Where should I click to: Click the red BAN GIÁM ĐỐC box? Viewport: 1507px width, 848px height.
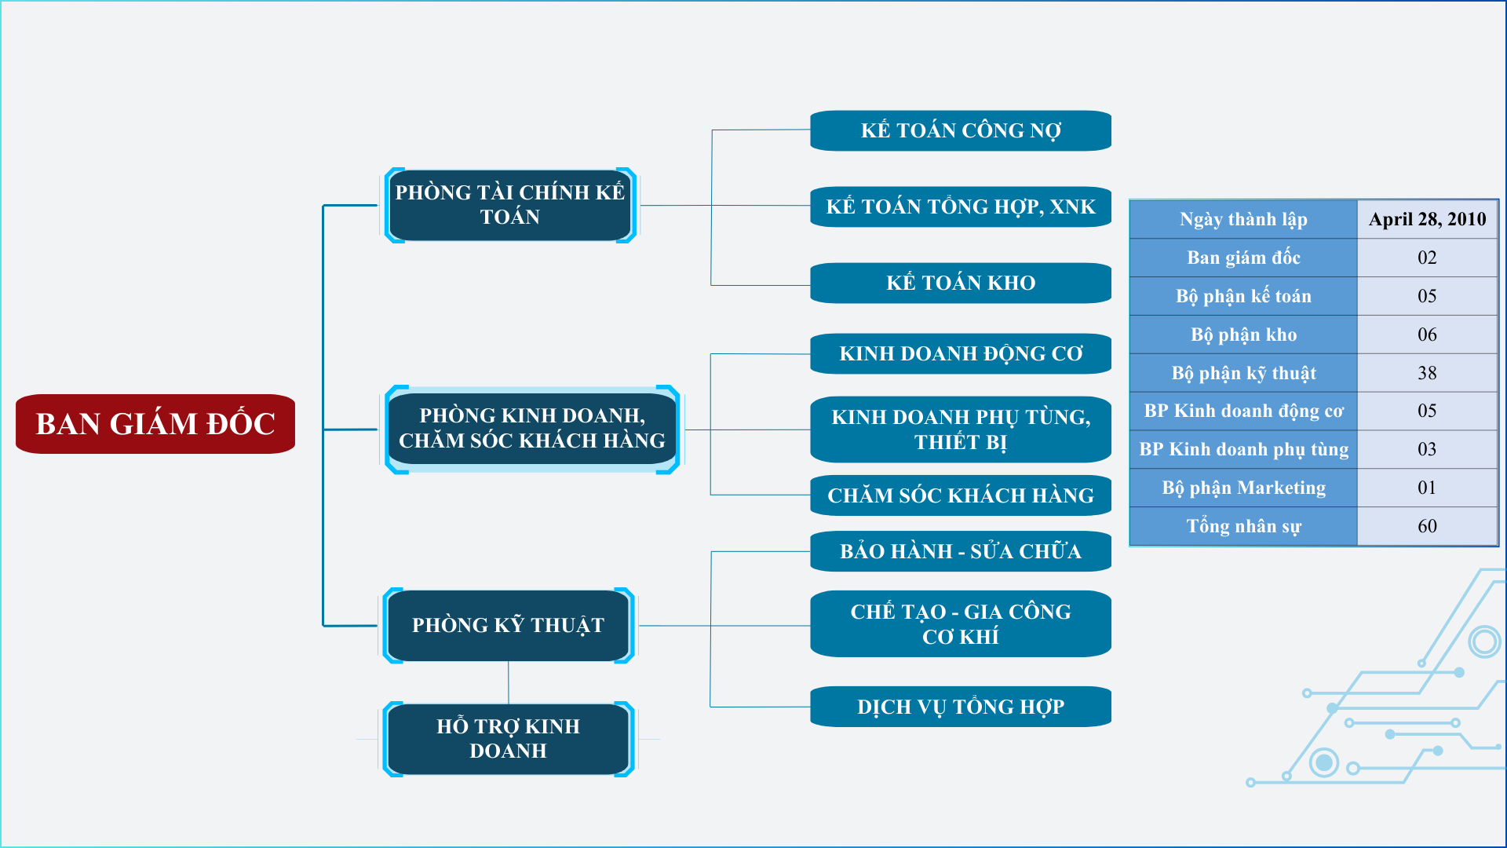(155, 424)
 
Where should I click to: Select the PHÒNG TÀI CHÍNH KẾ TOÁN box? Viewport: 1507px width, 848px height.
(510, 205)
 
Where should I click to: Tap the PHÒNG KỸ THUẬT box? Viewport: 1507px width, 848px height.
(509, 625)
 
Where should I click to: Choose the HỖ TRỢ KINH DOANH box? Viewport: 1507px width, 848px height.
(509, 739)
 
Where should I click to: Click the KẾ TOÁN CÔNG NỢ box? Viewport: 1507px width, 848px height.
(961, 130)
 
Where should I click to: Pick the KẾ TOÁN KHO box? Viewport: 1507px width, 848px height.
(961, 283)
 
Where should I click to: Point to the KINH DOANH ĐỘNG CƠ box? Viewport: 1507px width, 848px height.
(961, 353)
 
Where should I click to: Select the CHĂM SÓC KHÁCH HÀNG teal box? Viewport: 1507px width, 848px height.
(961, 495)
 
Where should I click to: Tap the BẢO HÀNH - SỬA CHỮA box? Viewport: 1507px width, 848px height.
(961, 551)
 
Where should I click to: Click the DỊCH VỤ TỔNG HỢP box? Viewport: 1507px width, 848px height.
(961, 707)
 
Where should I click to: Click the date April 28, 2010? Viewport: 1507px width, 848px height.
(1427, 219)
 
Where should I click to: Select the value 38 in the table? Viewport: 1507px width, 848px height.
(1427, 373)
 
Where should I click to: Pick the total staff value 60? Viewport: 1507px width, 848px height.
(1427, 526)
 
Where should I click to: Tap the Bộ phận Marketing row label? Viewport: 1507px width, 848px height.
(1243, 488)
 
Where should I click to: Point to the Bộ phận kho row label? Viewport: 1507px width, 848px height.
(1243, 334)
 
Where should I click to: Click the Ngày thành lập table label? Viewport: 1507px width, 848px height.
(1243, 219)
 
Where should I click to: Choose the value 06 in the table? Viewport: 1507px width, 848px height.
(1427, 334)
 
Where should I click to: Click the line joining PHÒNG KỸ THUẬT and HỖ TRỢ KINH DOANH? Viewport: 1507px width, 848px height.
(509, 682)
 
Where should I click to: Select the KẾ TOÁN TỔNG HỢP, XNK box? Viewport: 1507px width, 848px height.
(961, 207)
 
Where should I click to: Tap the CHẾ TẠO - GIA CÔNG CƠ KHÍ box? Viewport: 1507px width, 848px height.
(961, 623)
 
